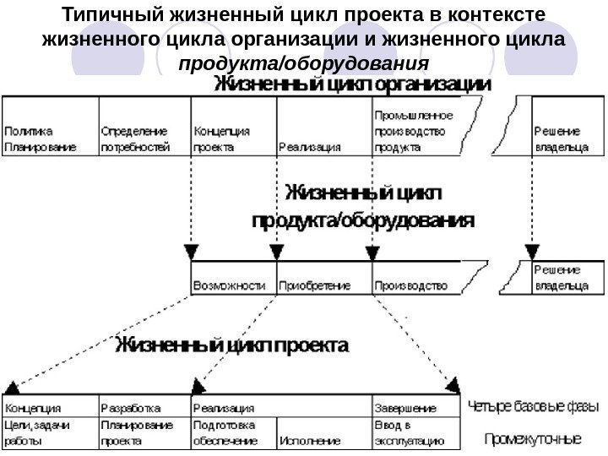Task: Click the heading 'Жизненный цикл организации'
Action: pos(350,84)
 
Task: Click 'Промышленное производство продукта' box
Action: pos(414,131)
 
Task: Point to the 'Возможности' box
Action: pos(234,285)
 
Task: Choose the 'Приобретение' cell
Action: pos(323,285)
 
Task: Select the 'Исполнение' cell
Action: pos(323,439)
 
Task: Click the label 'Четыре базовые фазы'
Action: pos(534,406)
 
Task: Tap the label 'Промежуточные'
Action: pos(533,439)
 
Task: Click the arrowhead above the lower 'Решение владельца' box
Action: pos(531,252)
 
